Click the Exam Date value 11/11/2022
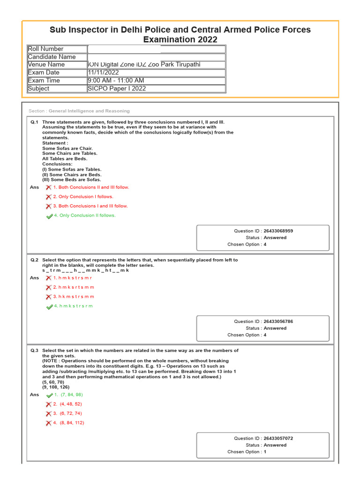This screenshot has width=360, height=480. coord(104,73)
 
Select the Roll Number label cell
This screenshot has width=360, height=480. coord(57,49)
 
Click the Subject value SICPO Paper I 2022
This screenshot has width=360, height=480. coord(117,89)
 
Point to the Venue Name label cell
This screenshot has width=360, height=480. coord(57,65)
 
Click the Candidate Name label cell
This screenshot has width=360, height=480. coord(57,57)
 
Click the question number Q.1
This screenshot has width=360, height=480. coord(34,122)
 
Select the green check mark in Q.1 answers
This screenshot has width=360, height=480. coord(49,216)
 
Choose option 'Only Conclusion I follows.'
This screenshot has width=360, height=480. coord(83,197)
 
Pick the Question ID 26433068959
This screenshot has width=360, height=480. coord(278,231)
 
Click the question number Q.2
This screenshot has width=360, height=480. coord(34,260)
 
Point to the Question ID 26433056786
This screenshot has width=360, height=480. coord(278,322)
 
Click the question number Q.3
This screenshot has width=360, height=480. coord(34,351)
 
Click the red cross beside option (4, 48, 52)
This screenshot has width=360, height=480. coord(48,405)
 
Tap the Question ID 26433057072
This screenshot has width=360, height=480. coord(278,439)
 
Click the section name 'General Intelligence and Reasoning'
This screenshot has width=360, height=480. coord(89,111)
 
